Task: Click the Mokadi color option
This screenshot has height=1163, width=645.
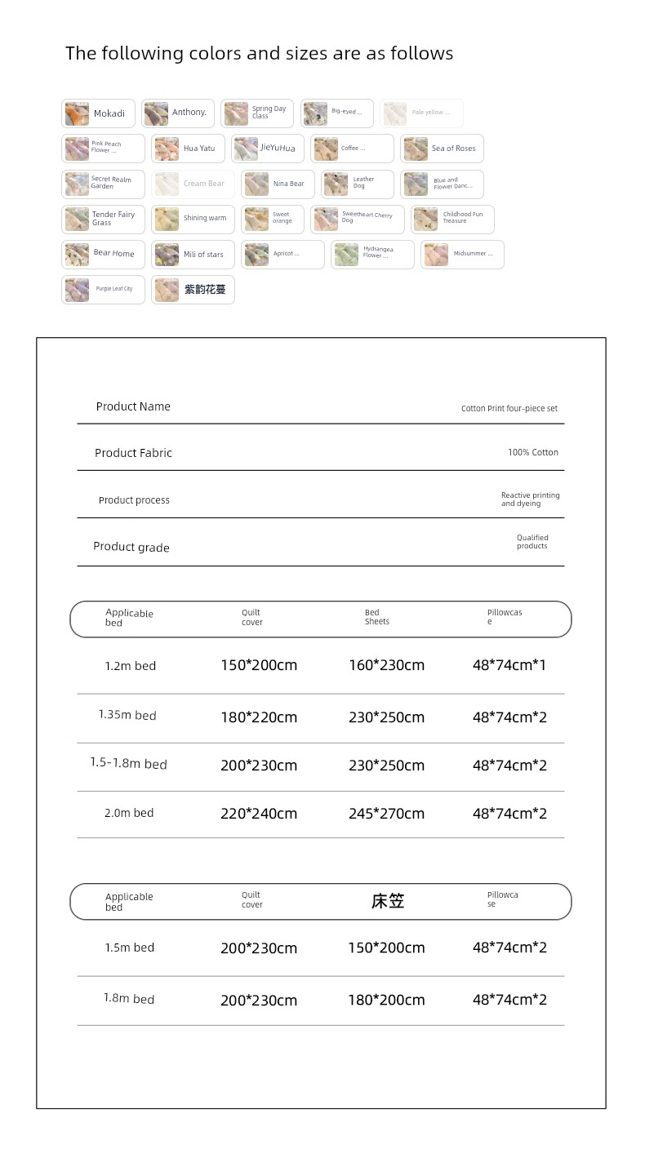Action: (98, 113)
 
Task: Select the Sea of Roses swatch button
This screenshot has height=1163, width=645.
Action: (442, 149)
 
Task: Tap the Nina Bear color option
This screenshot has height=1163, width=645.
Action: (278, 184)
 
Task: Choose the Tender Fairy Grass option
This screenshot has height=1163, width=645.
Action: (103, 219)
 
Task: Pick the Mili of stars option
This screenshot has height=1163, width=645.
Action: (193, 254)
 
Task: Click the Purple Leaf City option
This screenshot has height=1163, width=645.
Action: (103, 289)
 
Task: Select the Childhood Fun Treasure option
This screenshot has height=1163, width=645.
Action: (452, 219)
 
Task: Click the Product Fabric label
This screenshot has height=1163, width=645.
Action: (133, 453)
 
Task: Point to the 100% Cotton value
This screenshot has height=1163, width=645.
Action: (532, 452)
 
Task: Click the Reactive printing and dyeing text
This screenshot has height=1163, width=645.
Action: (530, 499)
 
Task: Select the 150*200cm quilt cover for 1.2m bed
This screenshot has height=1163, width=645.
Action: (259, 665)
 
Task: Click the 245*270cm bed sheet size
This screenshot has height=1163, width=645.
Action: (386, 814)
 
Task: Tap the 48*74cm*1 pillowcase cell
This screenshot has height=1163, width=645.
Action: (509, 665)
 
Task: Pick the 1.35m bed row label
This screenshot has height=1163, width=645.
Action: (127, 715)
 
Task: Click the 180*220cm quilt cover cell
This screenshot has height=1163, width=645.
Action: (259, 717)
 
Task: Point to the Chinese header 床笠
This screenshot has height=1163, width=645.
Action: (387, 901)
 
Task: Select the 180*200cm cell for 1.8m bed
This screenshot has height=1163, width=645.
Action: (386, 1000)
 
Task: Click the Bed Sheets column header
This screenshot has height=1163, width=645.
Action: (376, 617)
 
